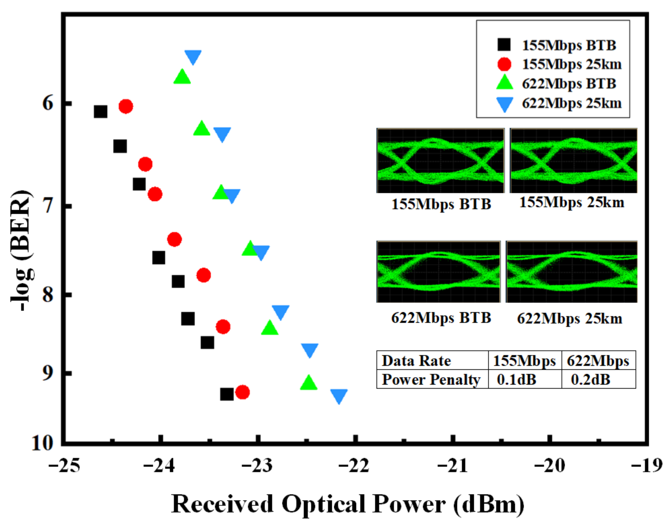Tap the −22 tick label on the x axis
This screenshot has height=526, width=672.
point(354,465)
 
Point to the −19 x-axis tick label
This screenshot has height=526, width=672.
point(646,465)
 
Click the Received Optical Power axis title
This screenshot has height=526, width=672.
point(348,504)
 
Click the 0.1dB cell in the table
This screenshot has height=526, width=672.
point(517,380)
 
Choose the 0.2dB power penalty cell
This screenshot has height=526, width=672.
point(590,380)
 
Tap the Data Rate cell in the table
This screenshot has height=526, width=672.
point(416,361)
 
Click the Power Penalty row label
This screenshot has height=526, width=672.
point(431,380)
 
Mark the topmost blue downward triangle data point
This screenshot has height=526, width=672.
point(193,57)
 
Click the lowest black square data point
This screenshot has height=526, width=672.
point(227,394)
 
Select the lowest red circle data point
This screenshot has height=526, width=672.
point(242,392)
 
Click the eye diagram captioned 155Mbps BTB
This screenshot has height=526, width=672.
point(440,161)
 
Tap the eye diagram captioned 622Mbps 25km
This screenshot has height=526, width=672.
point(571,272)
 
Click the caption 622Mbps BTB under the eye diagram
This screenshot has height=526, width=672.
point(441,318)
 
